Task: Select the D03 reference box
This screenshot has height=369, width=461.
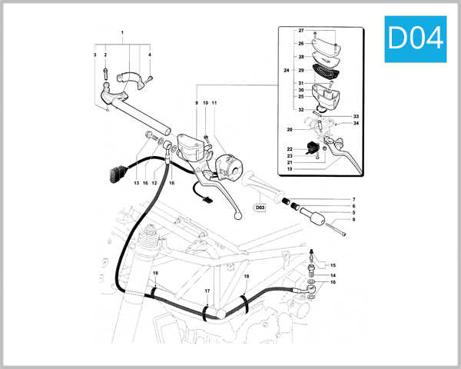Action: [x=260, y=207]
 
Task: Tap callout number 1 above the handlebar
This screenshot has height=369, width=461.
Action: [x=121, y=33]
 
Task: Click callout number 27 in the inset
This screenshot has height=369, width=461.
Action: [x=301, y=31]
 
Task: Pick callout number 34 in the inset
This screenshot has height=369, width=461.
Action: [x=357, y=123]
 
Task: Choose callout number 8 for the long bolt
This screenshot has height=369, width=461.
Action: [x=353, y=220]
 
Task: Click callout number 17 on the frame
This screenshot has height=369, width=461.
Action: [x=207, y=291]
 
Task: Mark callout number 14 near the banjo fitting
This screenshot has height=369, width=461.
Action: [x=333, y=275]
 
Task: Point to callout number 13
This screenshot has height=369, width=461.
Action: [x=135, y=183]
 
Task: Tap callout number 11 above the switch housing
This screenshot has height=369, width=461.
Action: [x=214, y=103]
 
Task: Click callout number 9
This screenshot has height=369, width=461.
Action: [x=196, y=103]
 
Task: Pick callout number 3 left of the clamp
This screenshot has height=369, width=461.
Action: [x=95, y=55]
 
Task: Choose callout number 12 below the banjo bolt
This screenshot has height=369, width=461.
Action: [x=154, y=183]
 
